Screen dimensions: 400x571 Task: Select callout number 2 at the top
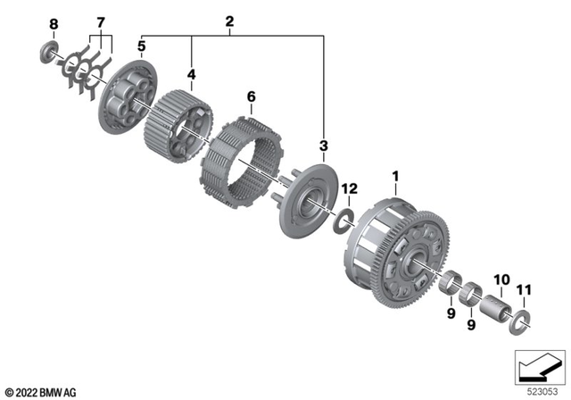tap(229, 21)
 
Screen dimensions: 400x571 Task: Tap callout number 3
tap(324, 145)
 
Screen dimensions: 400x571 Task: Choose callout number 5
tap(141, 45)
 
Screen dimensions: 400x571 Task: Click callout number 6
tap(251, 95)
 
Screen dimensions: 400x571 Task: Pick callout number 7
tap(101, 21)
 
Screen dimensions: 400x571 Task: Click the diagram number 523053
tap(537, 391)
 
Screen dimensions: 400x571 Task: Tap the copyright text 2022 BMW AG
tap(41, 392)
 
